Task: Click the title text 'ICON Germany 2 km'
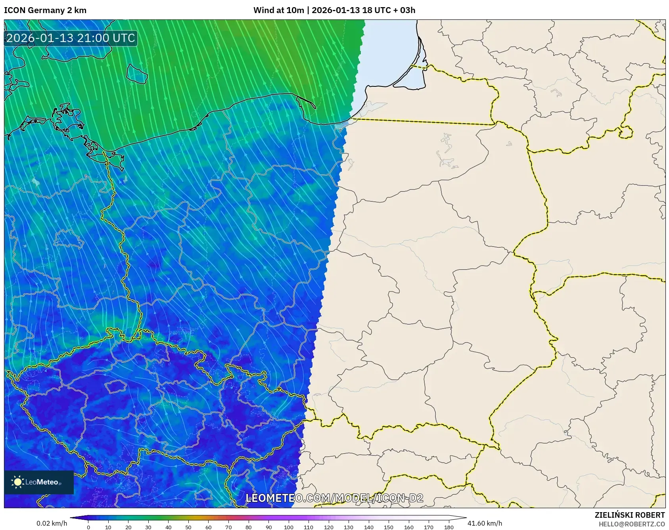[x=45, y=10]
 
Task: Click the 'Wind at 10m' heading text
[x=278, y=10]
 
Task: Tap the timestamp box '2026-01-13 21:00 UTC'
[x=71, y=38]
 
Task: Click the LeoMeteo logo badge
[x=39, y=482]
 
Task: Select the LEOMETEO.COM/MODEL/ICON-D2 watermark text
[x=334, y=498]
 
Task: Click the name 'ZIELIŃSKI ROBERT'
[x=629, y=515]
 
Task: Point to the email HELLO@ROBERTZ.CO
[x=631, y=524]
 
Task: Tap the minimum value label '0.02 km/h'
[x=52, y=523]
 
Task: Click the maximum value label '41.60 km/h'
[x=485, y=523]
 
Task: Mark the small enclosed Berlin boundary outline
[x=68, y=239]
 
